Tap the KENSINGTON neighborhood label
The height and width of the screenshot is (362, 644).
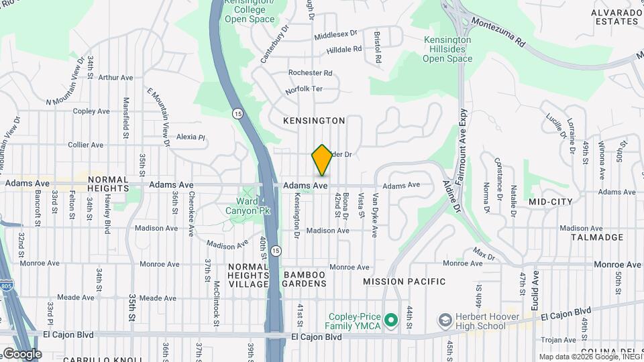tap(314, 121)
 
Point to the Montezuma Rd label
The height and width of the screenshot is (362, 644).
tap(498, 32)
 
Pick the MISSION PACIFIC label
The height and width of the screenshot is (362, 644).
tap(405, 282)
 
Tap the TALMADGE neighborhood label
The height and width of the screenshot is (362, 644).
tap(597, 237)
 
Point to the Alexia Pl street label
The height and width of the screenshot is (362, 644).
tap(191, 137)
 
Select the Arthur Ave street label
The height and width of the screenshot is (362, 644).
tap(115, 78)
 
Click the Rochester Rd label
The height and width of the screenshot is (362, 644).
tap(310, 72)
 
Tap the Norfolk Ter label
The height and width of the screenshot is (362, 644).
tap(304, 88)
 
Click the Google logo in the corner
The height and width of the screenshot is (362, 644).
tap(21, 354)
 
